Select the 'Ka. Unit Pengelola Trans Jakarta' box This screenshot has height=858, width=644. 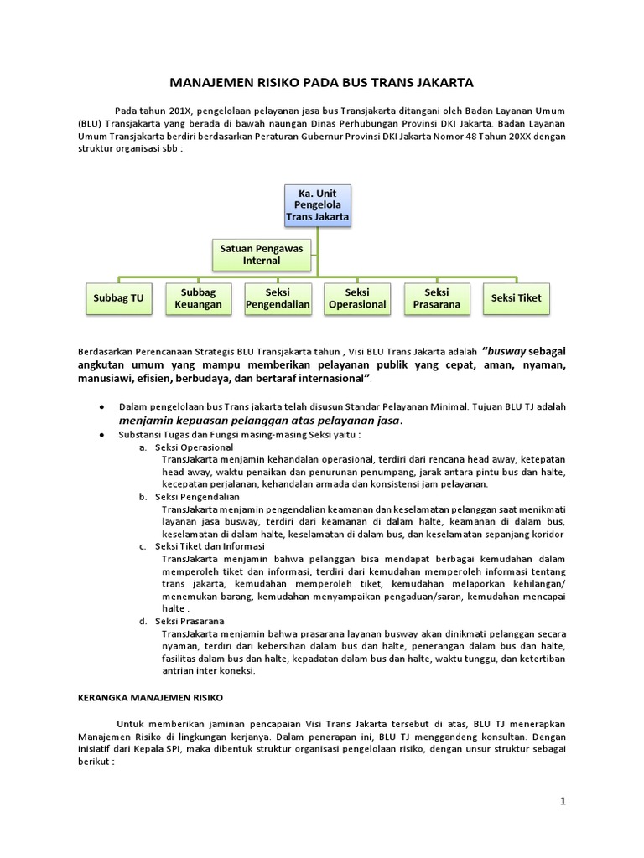317,205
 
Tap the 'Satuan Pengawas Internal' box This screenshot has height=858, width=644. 262,255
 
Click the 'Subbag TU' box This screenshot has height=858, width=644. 118,298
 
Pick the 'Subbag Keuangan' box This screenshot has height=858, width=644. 198,298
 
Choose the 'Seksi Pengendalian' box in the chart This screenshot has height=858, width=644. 278,298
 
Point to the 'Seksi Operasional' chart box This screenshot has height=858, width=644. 357,298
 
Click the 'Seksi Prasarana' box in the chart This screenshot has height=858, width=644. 436,298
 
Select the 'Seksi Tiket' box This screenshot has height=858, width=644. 516,298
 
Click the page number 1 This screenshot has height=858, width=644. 563,802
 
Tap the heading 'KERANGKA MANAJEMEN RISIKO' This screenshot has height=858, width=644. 151,697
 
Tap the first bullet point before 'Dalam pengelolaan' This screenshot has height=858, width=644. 101,406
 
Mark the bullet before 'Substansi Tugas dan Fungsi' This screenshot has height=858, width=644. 101,435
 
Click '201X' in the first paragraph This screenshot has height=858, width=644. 179,111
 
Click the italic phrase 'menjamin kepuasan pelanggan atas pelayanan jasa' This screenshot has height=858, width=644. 261,421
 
